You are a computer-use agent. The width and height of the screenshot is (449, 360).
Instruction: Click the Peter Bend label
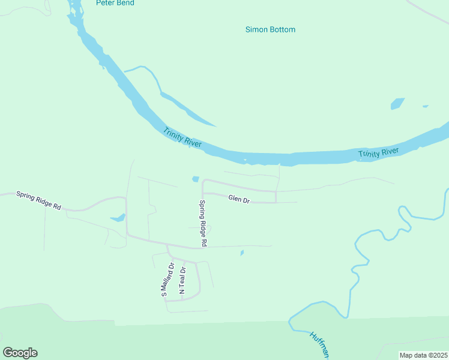(115, 3)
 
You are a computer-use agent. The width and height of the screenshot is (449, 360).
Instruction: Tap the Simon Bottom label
(270, 29)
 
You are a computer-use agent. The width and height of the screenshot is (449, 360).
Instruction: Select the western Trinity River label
(182, 138)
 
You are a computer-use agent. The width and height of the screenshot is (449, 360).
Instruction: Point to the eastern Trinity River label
(379, 154)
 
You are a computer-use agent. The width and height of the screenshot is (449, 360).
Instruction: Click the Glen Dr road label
(238, 199)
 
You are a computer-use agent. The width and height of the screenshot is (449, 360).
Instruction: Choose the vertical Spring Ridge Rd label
(203, 223)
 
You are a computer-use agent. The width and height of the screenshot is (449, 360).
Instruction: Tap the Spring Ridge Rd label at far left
(39, 200)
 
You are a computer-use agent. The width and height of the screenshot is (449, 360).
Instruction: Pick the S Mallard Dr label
(167, 280)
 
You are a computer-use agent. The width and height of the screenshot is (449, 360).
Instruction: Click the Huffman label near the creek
(320, 345)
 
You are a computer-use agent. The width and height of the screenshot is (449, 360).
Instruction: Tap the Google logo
(20, 353)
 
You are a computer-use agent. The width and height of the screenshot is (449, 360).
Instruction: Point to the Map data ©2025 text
(423, 355)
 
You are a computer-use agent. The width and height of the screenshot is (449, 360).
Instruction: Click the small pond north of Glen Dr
(195, 179)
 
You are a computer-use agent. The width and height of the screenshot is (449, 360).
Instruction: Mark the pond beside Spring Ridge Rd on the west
(118, 218)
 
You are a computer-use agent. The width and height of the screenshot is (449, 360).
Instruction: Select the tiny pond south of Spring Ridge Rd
(242, 253)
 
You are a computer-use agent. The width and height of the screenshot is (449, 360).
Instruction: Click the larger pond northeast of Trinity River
(397, 103)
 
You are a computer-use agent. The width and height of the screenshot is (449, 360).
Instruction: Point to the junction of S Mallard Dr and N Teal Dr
(175, 259)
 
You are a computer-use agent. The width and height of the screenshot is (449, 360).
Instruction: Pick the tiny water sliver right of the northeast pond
(425, 106)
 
